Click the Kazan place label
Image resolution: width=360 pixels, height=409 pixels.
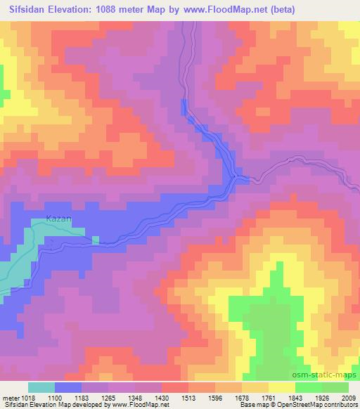[x=59, y=219]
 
